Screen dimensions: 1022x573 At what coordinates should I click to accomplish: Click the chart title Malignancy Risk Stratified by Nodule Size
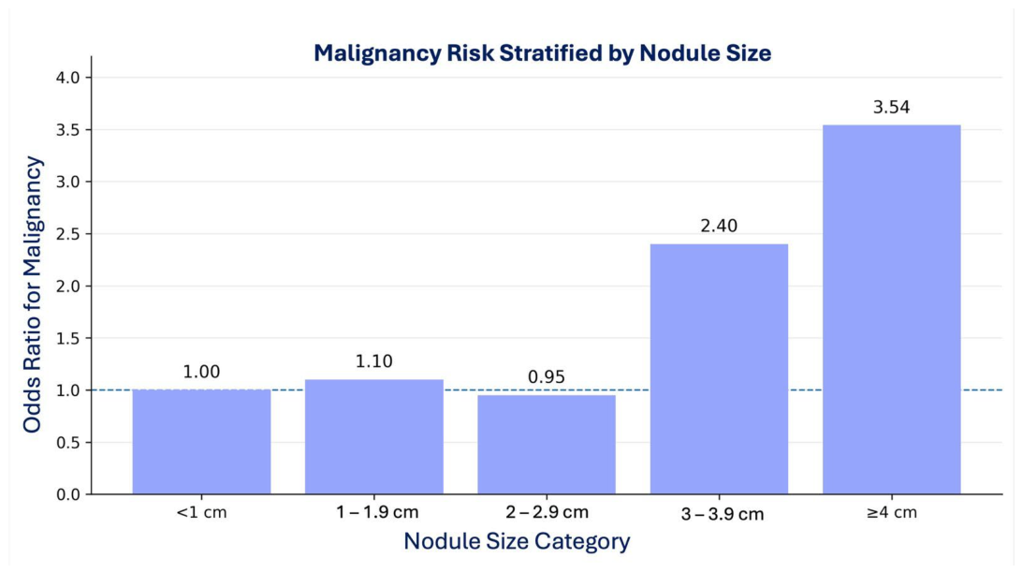[542, 52]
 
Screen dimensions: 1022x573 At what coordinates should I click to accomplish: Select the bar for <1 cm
[201, 442]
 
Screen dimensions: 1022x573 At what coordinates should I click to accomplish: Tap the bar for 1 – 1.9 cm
[374, 436]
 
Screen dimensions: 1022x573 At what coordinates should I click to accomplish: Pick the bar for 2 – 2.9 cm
[547, 445]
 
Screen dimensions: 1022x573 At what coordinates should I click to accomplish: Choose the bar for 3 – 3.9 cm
[719, 369]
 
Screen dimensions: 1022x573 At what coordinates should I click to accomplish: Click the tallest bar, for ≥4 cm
[892, 310]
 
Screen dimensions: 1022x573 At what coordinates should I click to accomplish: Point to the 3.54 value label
[892, 107]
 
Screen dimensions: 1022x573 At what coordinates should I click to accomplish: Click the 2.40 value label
[719, 226]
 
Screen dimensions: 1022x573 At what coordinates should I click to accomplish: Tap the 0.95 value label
[547, 376]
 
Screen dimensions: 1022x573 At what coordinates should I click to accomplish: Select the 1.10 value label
[374, 361]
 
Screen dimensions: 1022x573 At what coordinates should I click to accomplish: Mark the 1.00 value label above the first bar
[201, 372]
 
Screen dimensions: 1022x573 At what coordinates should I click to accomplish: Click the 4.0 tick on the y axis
[67, 78]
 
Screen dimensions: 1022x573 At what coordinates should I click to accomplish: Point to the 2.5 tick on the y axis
[67, 234]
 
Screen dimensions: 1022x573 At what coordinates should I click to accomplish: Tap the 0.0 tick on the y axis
[67, 494]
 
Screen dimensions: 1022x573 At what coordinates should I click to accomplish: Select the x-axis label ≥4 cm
[892, 512]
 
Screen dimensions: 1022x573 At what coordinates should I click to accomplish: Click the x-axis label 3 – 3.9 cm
[723, 514]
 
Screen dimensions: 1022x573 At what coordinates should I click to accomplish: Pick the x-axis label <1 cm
[201, 512]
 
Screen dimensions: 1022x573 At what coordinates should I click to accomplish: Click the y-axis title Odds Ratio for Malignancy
[32, 295]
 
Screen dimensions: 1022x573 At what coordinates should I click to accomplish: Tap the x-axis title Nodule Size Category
[517, 541]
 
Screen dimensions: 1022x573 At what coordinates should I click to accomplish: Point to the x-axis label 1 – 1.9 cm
[377, 512]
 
